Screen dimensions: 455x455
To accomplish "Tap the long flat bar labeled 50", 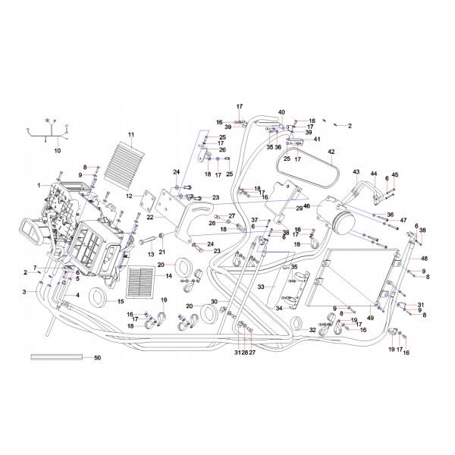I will click(x=57, y=356).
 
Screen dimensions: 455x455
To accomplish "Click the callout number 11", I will click(x=130, y=136).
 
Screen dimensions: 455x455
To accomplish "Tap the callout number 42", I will click(x=331, y=152).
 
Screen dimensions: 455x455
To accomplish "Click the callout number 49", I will click(x=371, y=317).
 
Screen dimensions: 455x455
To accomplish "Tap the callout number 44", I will click(x=374, y=174).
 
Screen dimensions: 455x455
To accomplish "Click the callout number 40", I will click(x=281, y=111).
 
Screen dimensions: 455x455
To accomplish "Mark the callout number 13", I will click(x=151, y=253).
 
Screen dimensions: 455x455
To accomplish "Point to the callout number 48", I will click(x=425, y=258).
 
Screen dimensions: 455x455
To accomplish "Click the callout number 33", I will click(x=260, y=287).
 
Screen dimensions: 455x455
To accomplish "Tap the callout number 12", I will click(x=130, y=196).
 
